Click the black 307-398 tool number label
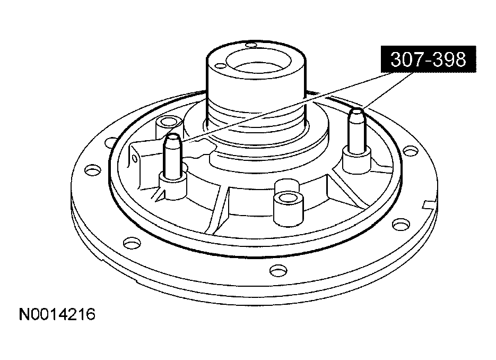click(x=428, y=59)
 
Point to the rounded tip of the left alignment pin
click(x=172, y=138)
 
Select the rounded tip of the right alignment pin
click(x=356, y=112)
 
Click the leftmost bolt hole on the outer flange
click(x=93, y=170)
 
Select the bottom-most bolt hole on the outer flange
click(x=279, y=270)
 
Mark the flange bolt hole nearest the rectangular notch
click(x=401, y=224)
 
